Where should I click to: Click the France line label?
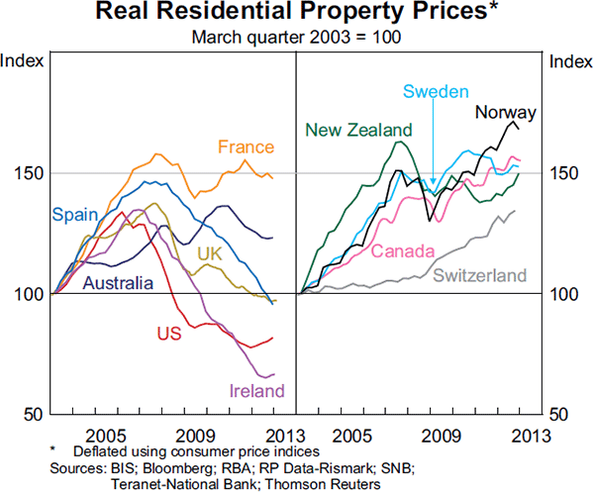click(x=246, y=148)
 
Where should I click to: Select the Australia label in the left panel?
click(x=118, y=284)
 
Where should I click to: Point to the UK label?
click(x=210, y=253)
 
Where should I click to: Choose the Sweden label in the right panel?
click(x=435, y=92)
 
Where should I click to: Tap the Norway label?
click(x=505, y=112)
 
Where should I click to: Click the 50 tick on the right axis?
click(x=561, y=414)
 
